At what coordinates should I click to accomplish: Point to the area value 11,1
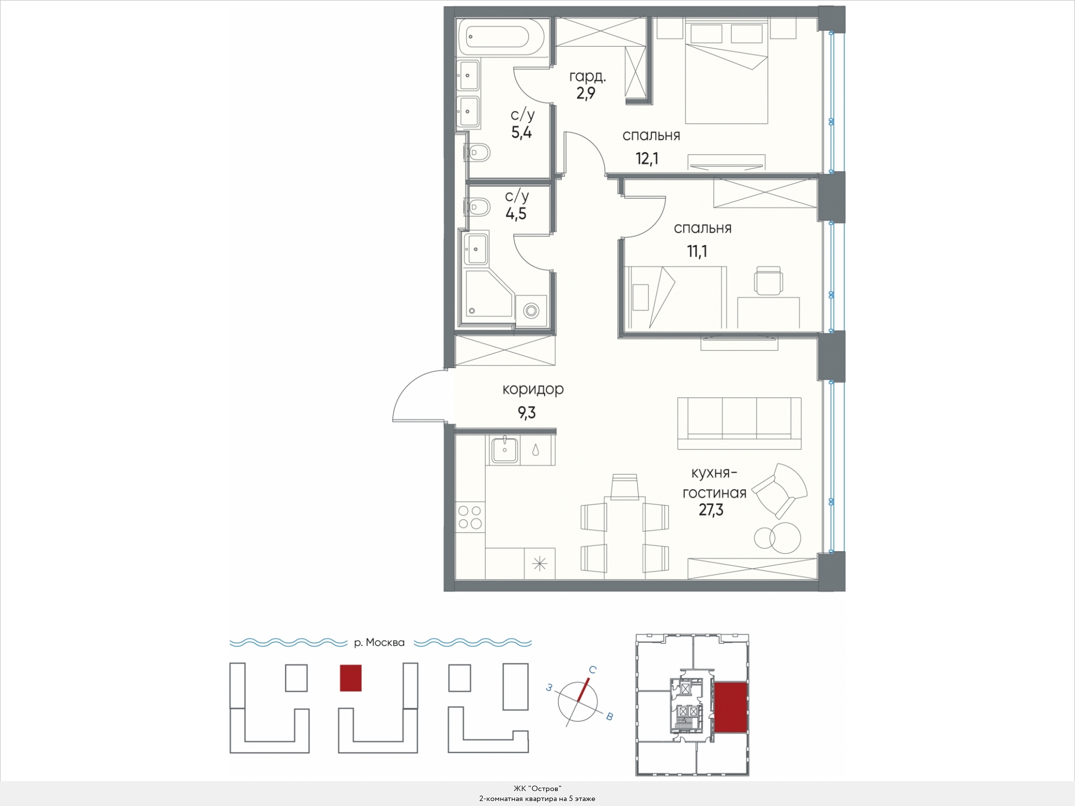click(697, 251)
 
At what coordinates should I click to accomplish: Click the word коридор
click(533, 389)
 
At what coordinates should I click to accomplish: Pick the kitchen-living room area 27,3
click(711, 510)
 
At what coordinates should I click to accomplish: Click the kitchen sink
click(505, 450)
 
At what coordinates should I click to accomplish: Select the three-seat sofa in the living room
click(739, 424)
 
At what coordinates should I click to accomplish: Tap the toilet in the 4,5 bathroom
click(477, 206)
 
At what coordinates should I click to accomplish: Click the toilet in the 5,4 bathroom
click(477, 152)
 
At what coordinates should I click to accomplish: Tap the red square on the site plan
click(351, 678)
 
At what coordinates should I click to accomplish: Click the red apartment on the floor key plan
click(731, 707)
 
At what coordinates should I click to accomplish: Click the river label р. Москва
click(379, 642)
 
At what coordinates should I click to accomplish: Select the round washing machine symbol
click(531, 311)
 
